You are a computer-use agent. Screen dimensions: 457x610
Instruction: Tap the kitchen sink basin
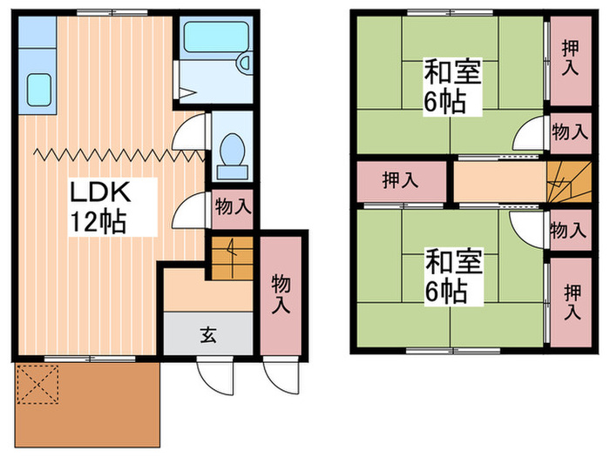coord(37,89)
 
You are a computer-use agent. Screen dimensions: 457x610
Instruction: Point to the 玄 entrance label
coord(209,333)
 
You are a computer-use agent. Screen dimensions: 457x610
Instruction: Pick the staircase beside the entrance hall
coord(231,259)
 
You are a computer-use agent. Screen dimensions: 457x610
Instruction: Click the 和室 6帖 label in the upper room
coord(452,85)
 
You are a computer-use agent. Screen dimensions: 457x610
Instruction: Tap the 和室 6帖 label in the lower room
coord(452,275)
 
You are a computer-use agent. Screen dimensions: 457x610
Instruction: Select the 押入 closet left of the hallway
coord(399,181)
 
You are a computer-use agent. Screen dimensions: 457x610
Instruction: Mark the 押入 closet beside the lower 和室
coord(572,301)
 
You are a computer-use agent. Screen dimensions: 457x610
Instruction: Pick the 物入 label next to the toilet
coord(233,207)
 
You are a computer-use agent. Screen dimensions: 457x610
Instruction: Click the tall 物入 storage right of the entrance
coord(281,293)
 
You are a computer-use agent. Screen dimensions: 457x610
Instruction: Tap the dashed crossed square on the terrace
coord(37,384)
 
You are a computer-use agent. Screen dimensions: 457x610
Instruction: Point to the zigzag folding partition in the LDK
coord(109,155)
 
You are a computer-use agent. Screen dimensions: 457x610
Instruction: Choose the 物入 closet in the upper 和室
coord(569,132)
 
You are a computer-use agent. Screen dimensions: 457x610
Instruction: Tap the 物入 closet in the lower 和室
coord(569,231)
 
